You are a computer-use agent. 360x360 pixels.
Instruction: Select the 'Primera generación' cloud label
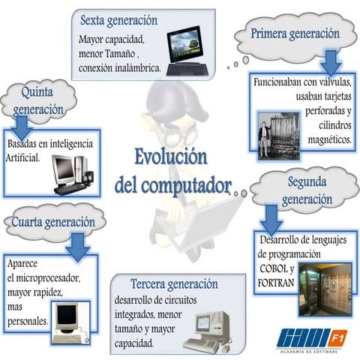click(295, 34)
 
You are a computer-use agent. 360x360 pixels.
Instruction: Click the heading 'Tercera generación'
click(173, 284)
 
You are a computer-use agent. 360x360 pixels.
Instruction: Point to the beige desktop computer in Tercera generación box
click(203, 330)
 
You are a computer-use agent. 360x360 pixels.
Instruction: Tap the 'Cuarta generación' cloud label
click(52, 222)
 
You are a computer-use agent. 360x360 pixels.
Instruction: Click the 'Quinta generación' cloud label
click(37, 100)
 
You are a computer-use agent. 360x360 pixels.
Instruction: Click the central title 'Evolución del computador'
click(172, 171)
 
